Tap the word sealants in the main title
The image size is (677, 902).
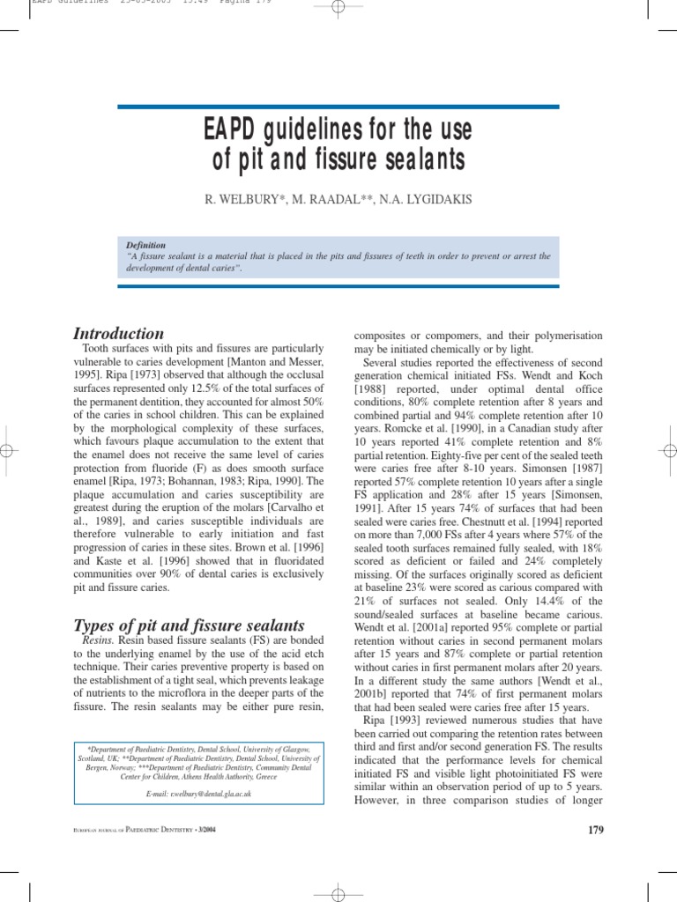coord(416,162)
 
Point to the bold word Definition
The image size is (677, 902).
coord(145,246)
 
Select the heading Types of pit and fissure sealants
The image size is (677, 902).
coord(189,625)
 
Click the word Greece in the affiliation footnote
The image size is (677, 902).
coord(267,778)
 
